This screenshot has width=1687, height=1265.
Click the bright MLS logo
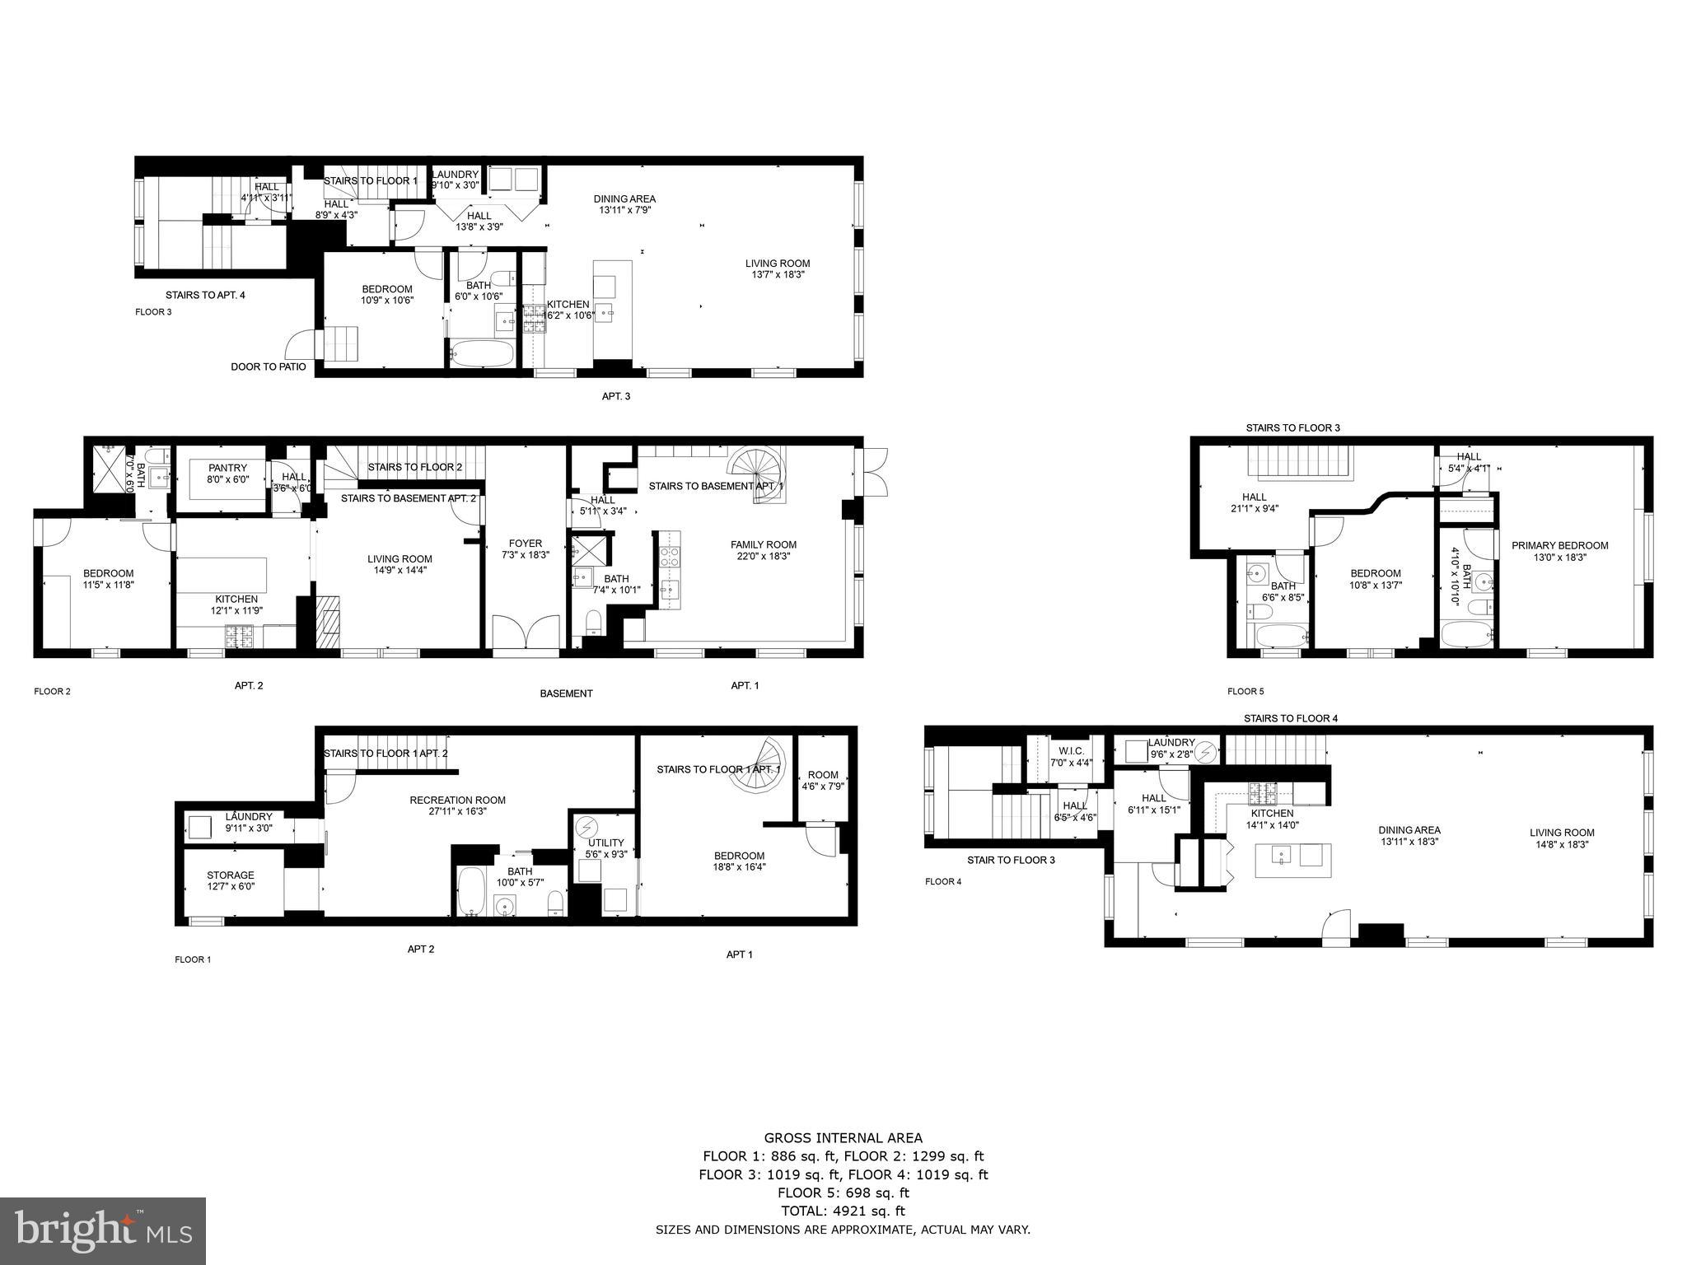(103, 1230)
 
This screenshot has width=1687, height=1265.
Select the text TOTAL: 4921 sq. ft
(843, 1211)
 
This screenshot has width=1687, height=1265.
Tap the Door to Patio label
(268, 366)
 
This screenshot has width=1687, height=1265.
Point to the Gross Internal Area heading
(843, 1138)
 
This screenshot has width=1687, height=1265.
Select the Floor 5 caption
(1245, 691)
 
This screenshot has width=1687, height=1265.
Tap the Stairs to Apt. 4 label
(205, 295)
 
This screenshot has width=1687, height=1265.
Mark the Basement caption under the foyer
(566, 693)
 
